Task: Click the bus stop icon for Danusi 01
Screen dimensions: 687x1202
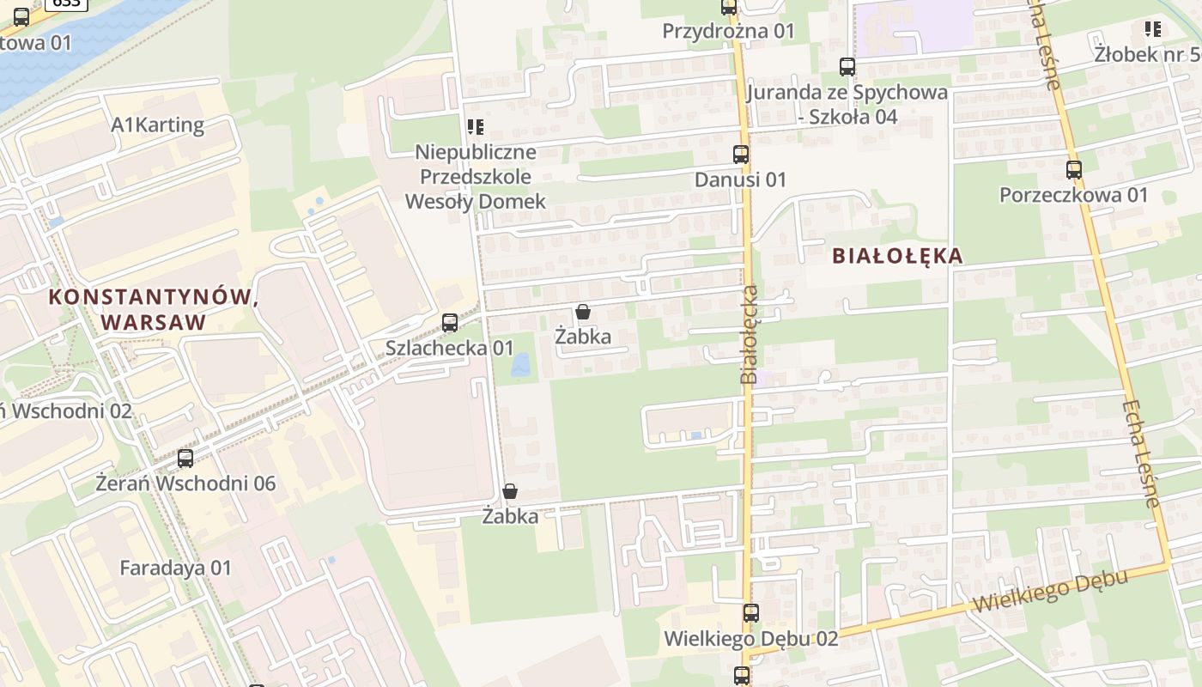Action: [x=741, y=155]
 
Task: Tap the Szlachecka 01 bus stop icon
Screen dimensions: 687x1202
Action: [x=449, y=323]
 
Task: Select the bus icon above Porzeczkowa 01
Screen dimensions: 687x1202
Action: [x=1073, y=169]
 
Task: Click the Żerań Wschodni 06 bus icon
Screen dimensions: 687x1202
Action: [x=185, y=459]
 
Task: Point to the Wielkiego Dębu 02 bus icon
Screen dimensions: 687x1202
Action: [x=751, y=613]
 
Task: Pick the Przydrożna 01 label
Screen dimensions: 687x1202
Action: [x=728, y=32]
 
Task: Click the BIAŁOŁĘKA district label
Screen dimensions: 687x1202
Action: [x=896, y=256]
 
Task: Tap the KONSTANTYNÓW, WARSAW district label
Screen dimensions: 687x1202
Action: [x=154, y=310]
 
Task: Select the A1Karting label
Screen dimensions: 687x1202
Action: [x=158, y=125]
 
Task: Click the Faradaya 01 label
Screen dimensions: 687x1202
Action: [x=175, y=568]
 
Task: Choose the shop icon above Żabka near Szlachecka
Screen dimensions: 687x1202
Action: [x=583, y=311]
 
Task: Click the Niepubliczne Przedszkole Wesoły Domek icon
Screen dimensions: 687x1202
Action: [x=475, y=127]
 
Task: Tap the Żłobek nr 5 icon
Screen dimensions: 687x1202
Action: [x=1152, y=29]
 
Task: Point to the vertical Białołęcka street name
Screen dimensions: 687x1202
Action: [x=750, y=334]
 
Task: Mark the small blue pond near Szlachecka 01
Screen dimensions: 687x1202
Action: [x=520, y=365]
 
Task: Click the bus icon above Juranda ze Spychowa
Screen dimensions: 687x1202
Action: [x=847, y=66]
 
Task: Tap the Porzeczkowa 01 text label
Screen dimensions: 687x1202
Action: [x=1073, y=195]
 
